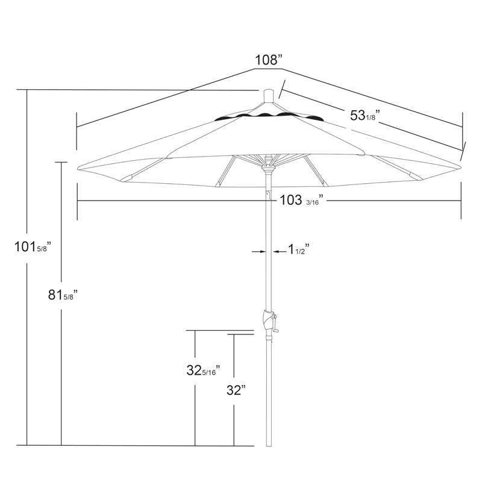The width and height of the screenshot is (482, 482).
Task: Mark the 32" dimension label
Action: coord(237,390)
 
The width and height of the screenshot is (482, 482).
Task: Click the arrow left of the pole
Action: coord(258,252)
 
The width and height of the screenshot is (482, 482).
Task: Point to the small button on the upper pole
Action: coord(269,195)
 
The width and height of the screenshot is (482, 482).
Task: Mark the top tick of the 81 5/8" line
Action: coord(61,161)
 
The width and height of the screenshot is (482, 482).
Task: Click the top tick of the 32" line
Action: coord(234,333)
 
